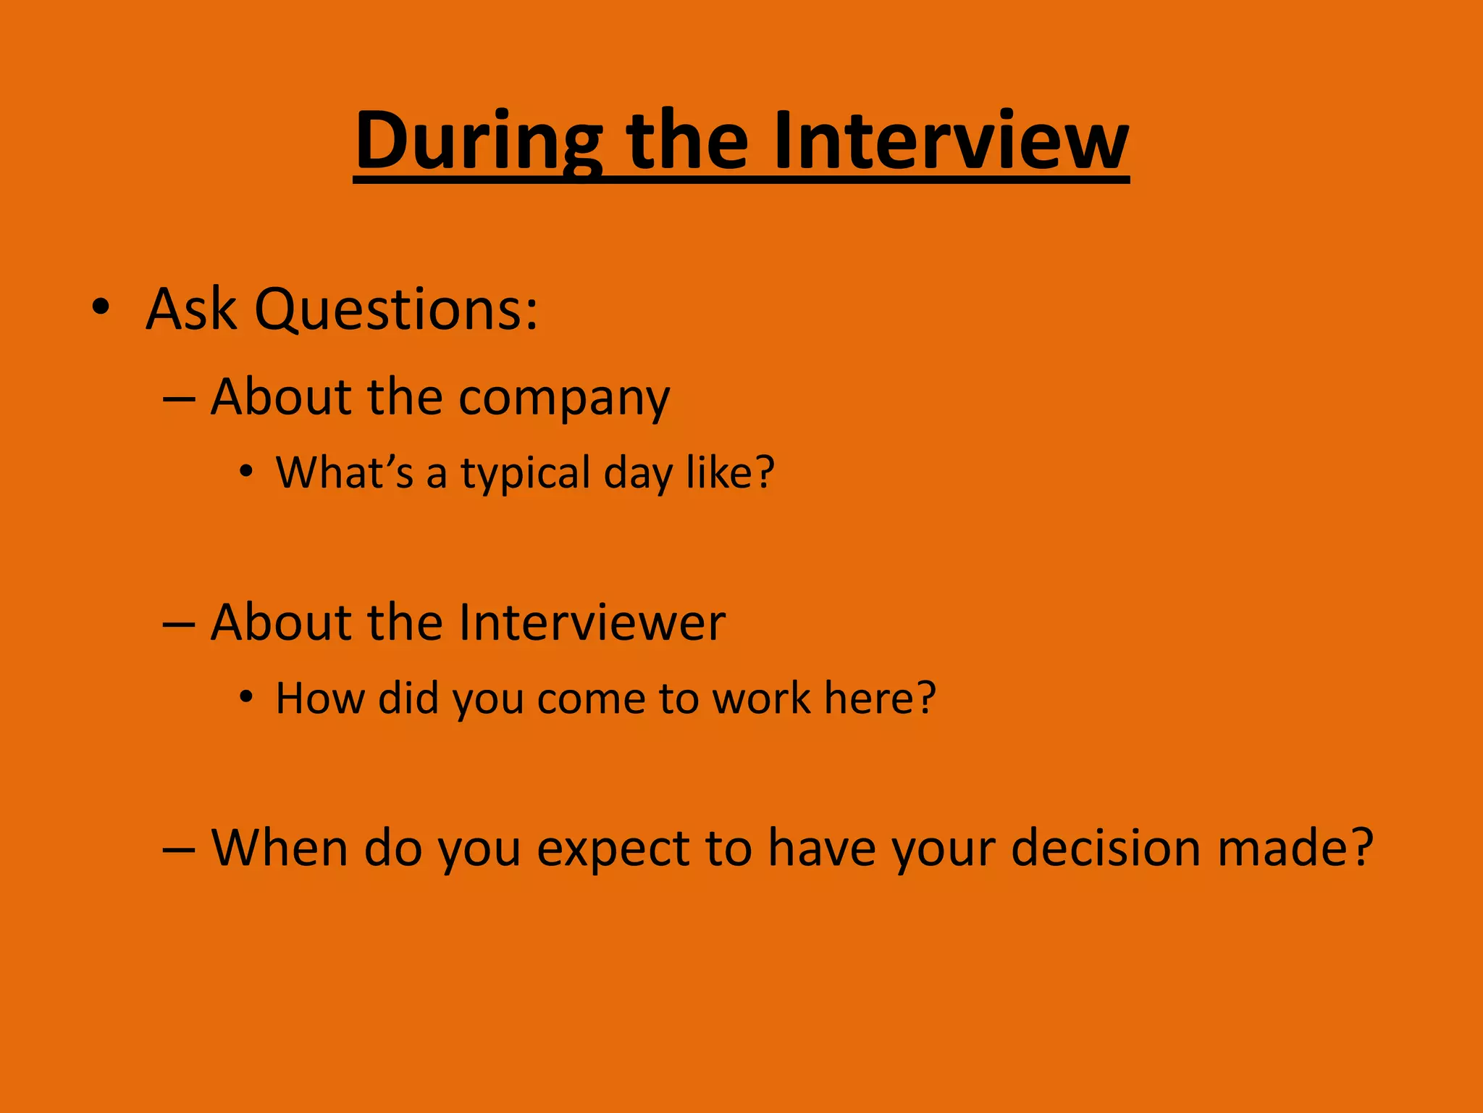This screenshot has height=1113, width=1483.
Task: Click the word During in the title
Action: tap(478, 141)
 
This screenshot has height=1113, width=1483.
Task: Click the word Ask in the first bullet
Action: tap(191, 309)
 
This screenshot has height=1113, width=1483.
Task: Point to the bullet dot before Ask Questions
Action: tap(101, 307)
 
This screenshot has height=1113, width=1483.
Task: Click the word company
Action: tap(564, 399)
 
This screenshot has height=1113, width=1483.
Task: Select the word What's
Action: tap(345, 472)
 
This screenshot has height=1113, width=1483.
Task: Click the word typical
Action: tap(526, 474)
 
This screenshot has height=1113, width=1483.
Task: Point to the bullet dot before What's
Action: tap(247, 472)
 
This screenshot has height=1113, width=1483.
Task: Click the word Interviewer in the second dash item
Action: tap(592, 623)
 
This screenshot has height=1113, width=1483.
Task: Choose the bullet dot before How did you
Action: tap(247, 697)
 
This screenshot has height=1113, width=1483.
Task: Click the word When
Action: tap(280, 848)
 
